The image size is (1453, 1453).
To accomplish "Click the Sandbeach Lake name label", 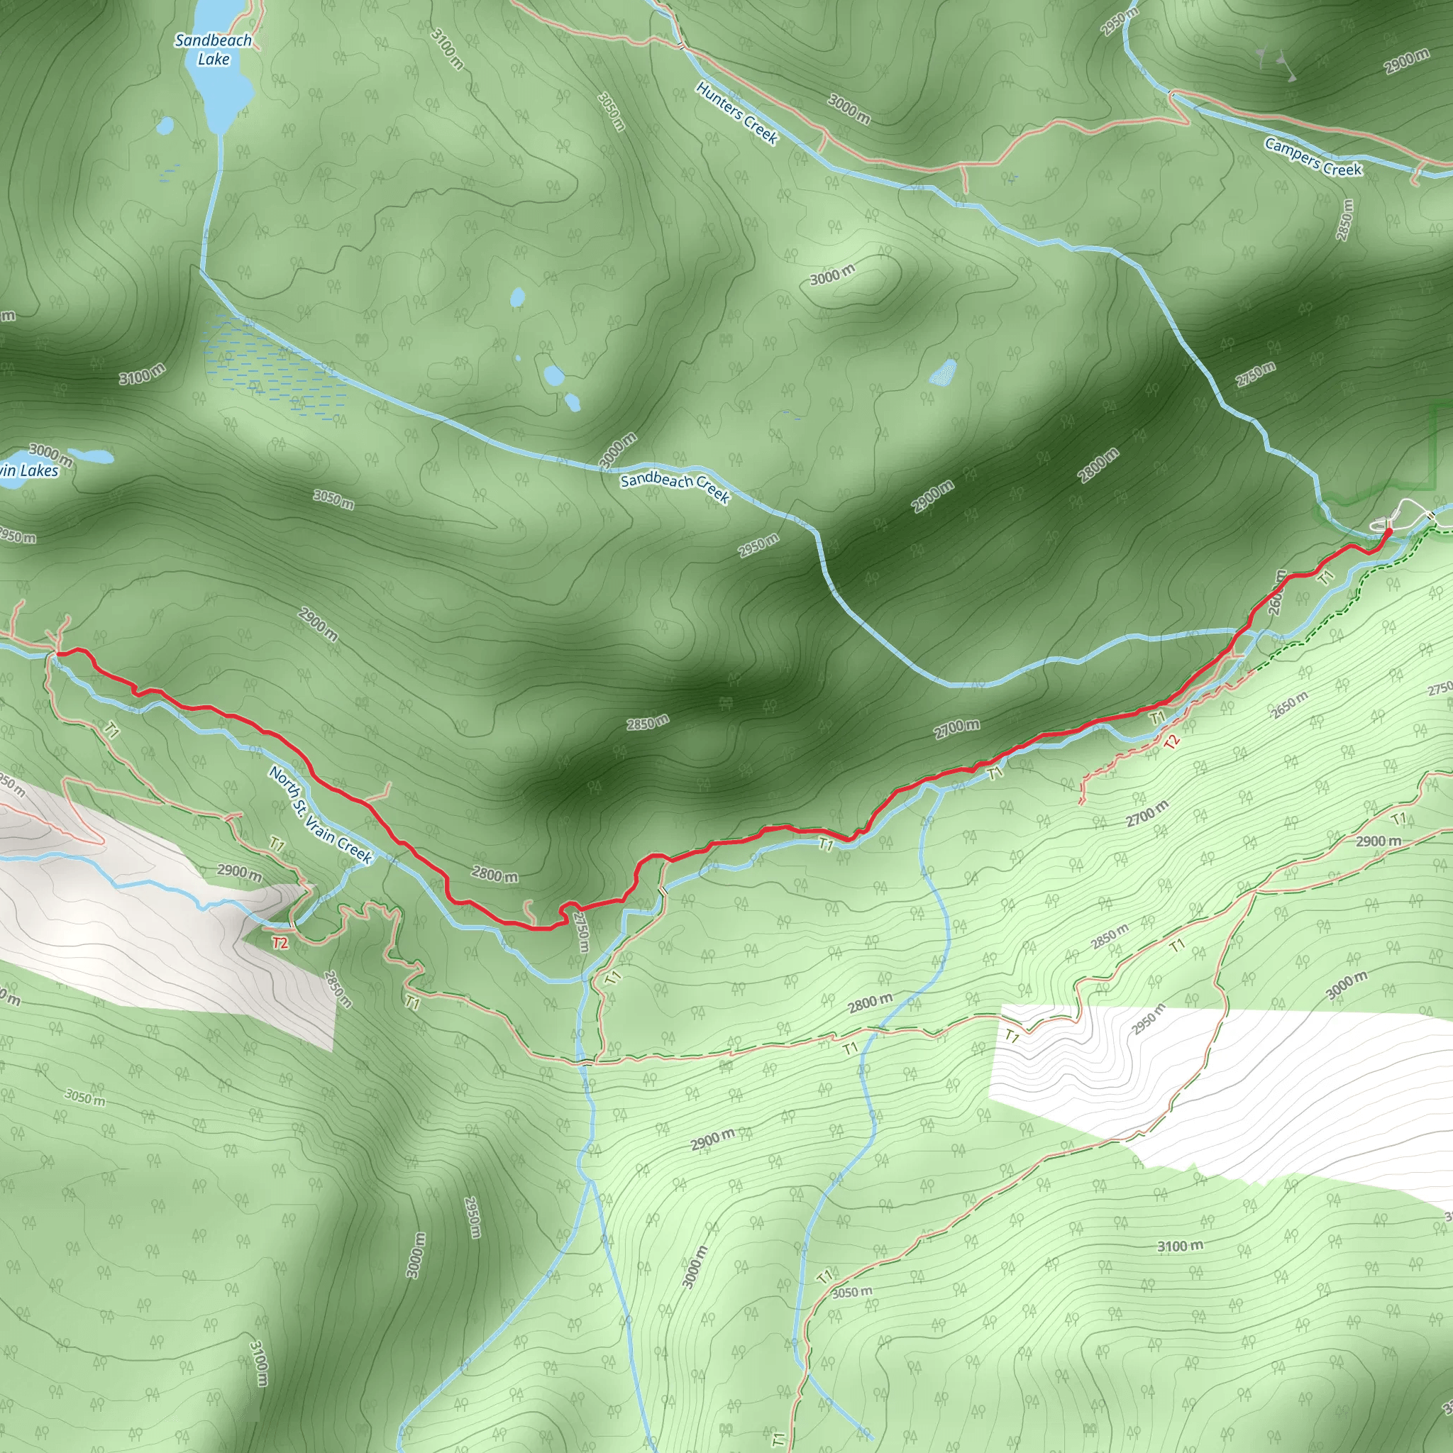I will point(213,50).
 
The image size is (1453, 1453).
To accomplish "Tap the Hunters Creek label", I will point(736,113).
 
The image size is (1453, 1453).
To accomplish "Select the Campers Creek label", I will point(1313,158).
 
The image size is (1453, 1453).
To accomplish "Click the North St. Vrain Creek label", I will point(321,815).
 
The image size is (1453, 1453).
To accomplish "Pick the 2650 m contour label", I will point(1289,705).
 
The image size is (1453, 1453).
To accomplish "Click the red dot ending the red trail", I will point(1388,531).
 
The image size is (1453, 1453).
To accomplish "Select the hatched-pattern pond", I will point(943,372).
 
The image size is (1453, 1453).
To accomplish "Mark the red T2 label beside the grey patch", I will point(280,943).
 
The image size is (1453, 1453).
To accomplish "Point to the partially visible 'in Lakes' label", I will point(28,471).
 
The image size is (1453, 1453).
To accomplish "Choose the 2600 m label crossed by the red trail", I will point(1277,592).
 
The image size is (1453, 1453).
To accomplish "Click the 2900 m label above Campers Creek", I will point(1406,62).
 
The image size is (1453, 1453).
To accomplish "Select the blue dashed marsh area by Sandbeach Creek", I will point(271,368).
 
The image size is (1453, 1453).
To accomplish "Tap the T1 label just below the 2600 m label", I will point(1325,578).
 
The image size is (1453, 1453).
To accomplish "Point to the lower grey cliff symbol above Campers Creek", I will point(1291,75).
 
